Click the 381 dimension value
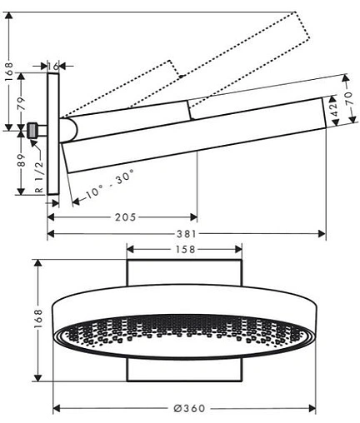pos(187,234)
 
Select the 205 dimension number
pos(126,217)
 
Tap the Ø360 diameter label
pos(189,408)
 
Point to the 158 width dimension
pos(185,250)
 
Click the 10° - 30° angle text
pos(110,183)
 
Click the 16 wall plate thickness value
pos(53,67)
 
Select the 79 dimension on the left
pos(22,103)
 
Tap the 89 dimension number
pos(22,160)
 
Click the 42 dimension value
pos(334,109)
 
